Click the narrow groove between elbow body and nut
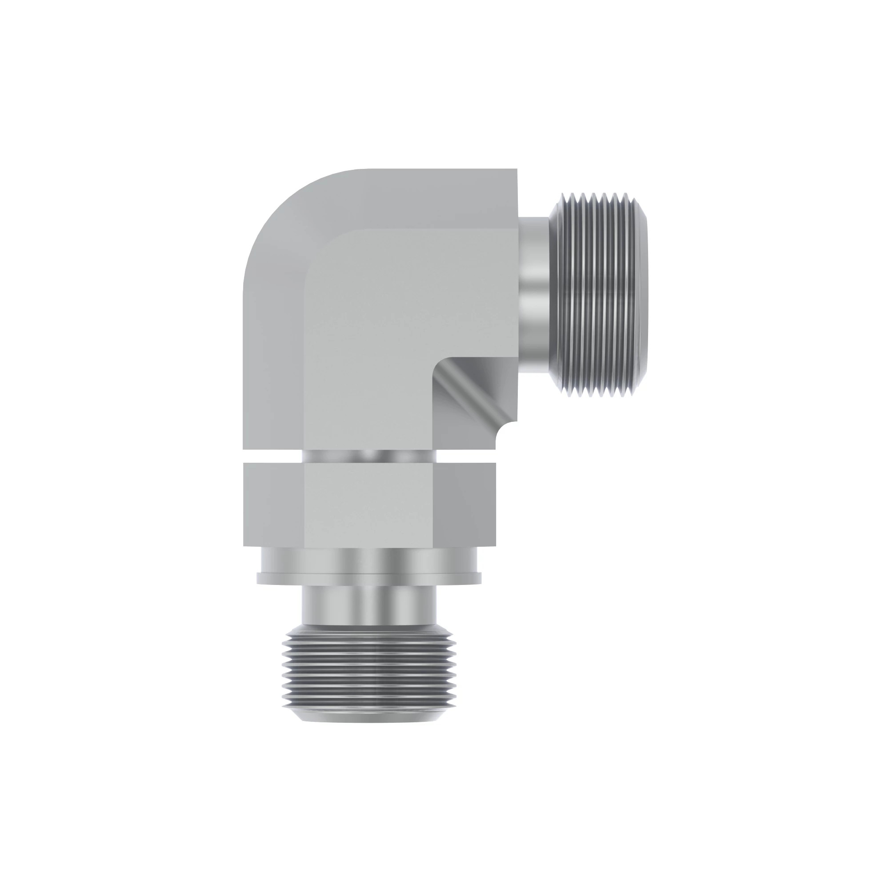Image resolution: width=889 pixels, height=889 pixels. [368, 456]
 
